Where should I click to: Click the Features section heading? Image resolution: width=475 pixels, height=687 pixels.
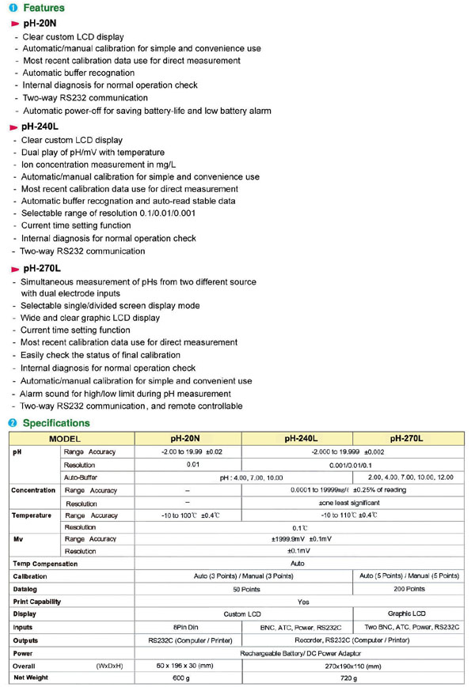[x=44, y=8]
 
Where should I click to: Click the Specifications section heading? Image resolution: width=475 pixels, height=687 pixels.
[x=56, y=423]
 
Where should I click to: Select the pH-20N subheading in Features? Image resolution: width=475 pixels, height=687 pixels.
[x=39, y=25]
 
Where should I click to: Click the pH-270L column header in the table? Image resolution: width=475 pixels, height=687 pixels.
[x=407, y=437]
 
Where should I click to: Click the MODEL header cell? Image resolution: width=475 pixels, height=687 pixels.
[x=65, y=437]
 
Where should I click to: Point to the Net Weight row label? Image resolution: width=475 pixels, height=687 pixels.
[x=32, y=678]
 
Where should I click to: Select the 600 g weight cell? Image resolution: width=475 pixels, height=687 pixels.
[x=181, y=678]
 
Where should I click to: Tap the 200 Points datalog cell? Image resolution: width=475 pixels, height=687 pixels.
[x=408, y=589]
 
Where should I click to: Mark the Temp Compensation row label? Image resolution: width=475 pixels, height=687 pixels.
[x=45, y=564]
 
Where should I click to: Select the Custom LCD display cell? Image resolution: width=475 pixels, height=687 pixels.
[x=243, y=613]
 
